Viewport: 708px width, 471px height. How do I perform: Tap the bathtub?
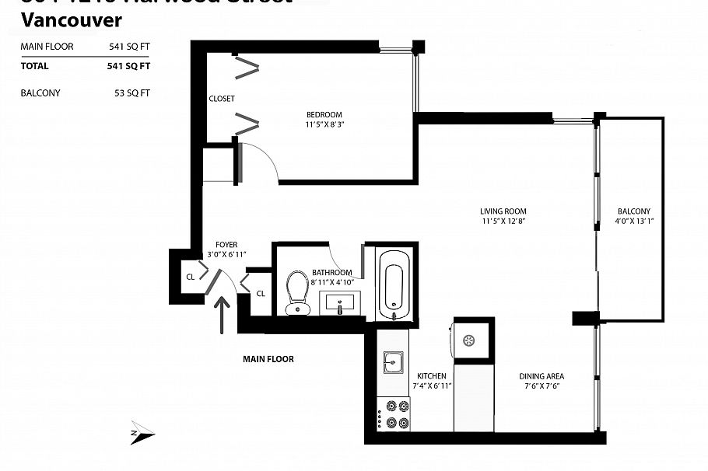point(394,284)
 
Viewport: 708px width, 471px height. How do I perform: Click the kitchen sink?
point(392,362)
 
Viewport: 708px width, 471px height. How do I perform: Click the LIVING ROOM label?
point(503,211)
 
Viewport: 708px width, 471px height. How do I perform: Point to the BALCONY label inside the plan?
point(634,211)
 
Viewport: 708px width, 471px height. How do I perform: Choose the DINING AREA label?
point(542,377)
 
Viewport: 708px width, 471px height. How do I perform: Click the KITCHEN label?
point(431,375)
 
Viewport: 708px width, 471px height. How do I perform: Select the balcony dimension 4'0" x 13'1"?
point(634,221)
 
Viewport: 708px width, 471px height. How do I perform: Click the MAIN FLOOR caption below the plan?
point(268,359)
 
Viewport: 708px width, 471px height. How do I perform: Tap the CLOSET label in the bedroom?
point(222,99)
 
